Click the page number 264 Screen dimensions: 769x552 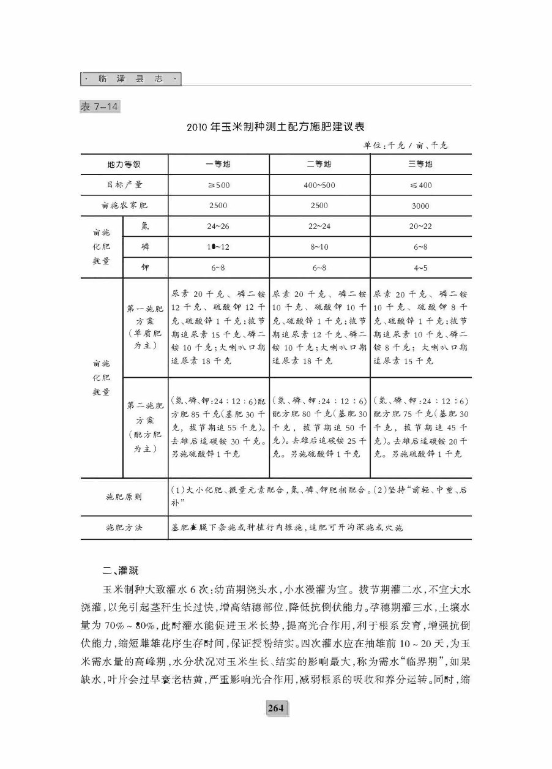(276, 708)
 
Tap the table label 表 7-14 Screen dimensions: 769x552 (100, 107)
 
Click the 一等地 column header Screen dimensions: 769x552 (218, 164)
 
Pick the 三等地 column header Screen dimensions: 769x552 (420, 164)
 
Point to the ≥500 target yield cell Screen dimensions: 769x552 (218, 185)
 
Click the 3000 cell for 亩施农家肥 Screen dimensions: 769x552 (420, 206)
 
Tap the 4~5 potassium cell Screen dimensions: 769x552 (420, 268)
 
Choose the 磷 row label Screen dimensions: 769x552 (145, 247)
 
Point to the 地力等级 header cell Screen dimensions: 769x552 (124, 164)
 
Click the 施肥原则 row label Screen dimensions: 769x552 (124, 497)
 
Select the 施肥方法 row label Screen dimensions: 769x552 (124, 527)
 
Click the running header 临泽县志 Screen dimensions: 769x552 (131, 80)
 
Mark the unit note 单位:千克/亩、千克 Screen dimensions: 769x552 (405, 145)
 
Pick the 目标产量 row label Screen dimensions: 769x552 (124, 185)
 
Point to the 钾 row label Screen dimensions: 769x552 (145, 268)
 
